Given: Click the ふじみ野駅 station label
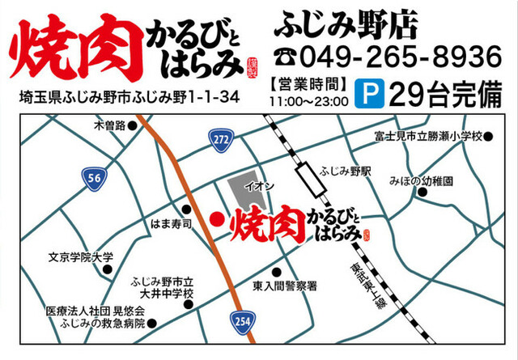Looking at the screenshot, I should (x=345, y=172).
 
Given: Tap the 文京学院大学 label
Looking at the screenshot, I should (x=80, y=258).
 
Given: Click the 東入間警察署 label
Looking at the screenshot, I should (x=283, y=286).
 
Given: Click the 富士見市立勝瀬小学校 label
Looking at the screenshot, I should (x=428, y=135).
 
